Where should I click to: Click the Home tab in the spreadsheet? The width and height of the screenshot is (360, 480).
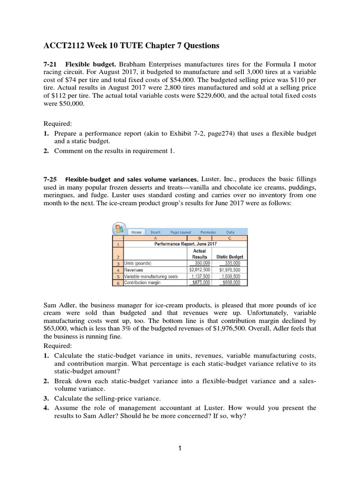click(x=136, y=232)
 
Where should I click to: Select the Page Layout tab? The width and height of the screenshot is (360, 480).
click(x=181, y=232)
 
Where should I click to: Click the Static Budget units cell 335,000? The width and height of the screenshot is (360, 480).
click(x=230, y=263)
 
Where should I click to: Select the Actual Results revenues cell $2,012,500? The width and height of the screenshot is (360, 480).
click(x=201, y=270)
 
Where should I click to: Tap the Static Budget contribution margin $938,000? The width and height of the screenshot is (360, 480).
click(x=230, y=283)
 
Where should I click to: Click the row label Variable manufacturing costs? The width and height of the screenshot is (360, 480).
click(x=148, y=277)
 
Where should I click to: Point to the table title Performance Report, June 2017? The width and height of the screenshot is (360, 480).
click(x=185, y=244)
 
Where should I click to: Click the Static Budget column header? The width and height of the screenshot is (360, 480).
click(x=230, y=257)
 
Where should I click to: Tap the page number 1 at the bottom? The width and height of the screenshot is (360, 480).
click(x=180, y=448)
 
